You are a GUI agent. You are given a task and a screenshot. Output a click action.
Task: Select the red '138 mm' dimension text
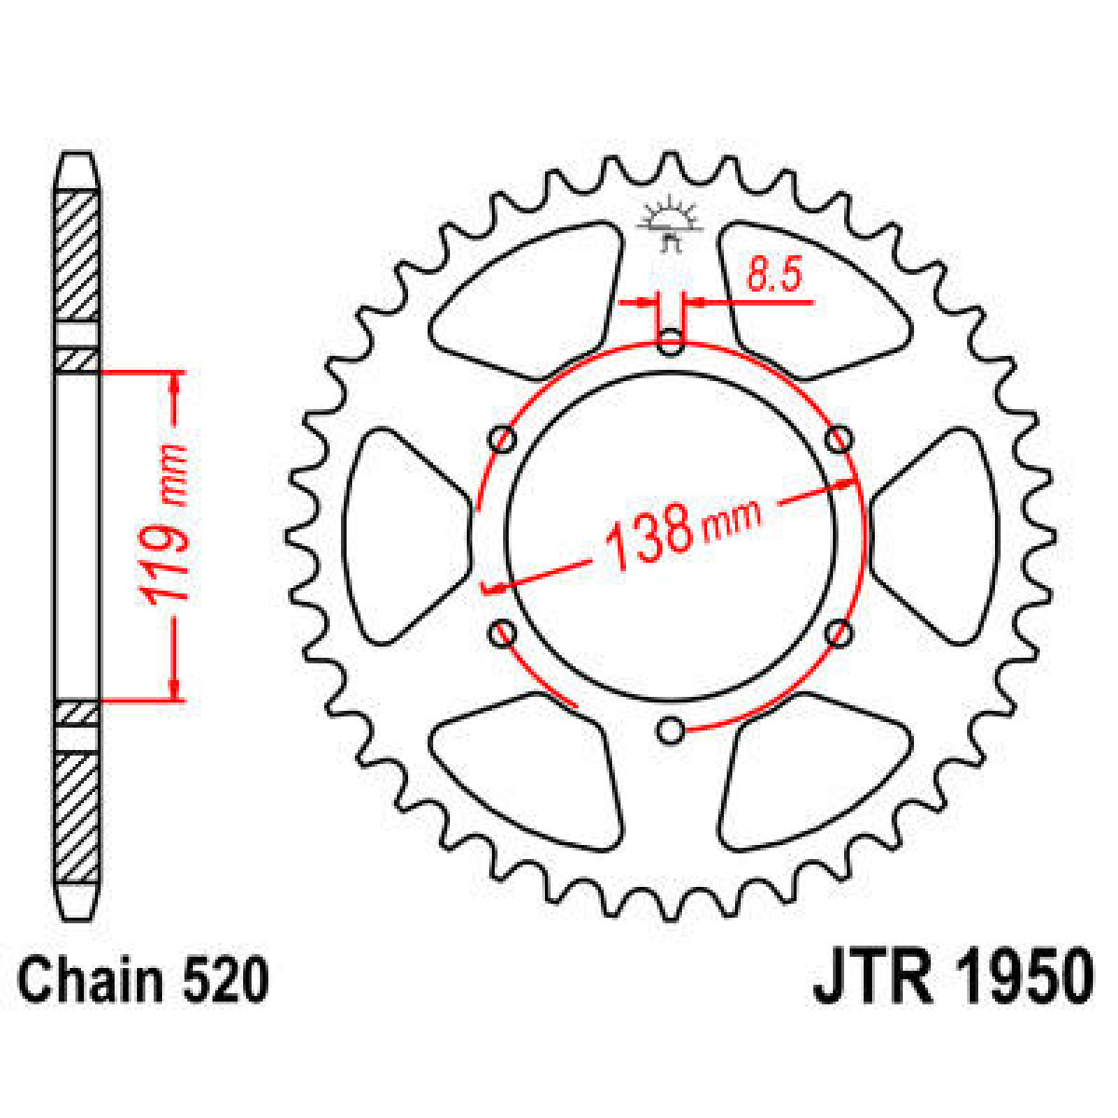(x=680, y=535)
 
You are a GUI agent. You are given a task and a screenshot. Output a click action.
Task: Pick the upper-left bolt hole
(x=503, y=439)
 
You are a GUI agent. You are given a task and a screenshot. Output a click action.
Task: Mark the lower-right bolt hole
(x=839, y=634)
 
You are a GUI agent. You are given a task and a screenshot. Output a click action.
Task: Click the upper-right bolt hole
(x=839, y=439)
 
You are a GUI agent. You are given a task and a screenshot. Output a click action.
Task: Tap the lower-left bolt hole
(x=503, y=634)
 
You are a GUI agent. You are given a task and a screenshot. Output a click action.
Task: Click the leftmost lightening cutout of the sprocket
(x=401, y=536)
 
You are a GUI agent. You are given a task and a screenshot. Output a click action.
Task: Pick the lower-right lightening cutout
(x=811, y=773)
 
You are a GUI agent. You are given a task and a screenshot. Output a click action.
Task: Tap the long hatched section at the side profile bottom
(x=77, y=817)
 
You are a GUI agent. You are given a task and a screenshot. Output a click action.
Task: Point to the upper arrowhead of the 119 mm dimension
(x=174, y=382)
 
